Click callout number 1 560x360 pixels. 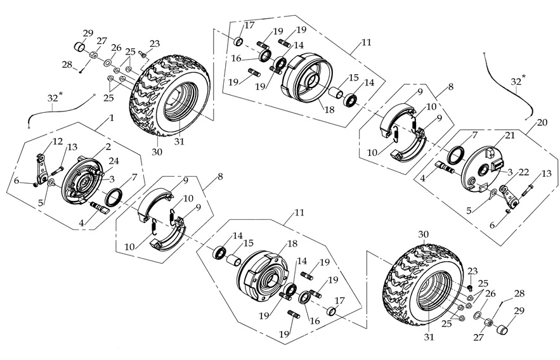(112, 118)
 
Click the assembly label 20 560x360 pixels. (541, 122)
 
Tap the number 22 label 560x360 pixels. (524, 172)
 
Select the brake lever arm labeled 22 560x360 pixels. (505, 193)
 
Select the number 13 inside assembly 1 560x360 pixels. (73, 147)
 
